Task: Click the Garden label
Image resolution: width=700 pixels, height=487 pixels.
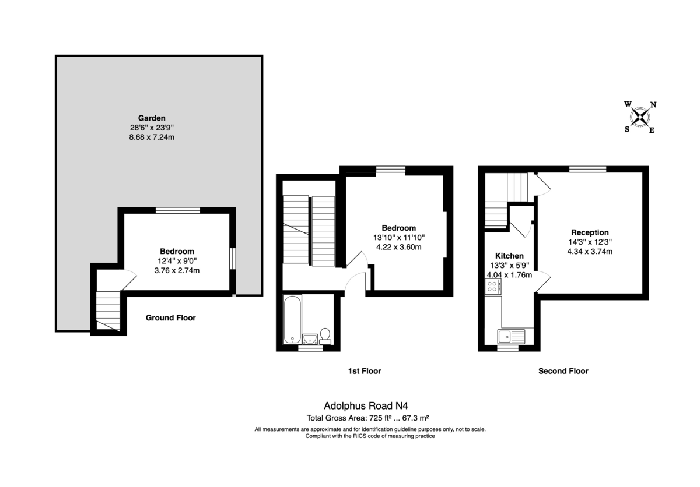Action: pyautogui.click(x=152, y=118)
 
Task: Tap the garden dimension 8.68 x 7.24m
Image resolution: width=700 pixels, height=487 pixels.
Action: pyautogui.click(x=152, y=137)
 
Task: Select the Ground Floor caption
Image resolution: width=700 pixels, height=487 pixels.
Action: pyautogui.click(x=170, y=317)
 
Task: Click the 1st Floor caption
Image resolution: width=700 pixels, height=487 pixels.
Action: pyautogui.click(x=365, y=371)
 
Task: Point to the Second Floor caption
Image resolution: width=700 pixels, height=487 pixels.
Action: pyautogui.click(x=563, y=371)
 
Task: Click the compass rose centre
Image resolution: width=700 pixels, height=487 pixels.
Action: pyautogui.click(x=640, y=117)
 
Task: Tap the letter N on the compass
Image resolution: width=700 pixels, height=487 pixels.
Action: pyautogui.click(x=653, y=104)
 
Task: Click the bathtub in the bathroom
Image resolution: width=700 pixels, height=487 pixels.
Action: pyautogui.click(x=292, y=319)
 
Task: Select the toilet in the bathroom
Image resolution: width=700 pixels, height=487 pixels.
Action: pyautogui.click(x=325, y=336)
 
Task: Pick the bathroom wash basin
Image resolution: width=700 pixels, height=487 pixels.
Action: pyautogui.click(x=310, y=339)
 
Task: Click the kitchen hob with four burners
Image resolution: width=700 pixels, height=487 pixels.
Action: pyautogui.click(x=493, y=287)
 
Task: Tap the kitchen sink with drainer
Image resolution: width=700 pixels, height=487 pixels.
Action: pyautogui.click(x=511, y=336)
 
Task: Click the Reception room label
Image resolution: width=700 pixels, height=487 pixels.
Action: pyautogui.click(x=590, y=232)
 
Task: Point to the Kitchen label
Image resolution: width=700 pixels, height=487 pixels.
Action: pyautogui.click(x=509, y=256)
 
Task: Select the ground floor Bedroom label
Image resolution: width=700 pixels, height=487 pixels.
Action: pyautogui.click(x=177, y=251)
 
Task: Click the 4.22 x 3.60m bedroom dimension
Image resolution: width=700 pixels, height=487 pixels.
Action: pyautogui.click(x=399, y=247)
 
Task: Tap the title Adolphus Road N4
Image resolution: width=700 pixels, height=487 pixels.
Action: pyautogui.click(x=366, y=405)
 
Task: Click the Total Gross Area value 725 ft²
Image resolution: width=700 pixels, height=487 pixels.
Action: pyautogui.click(x=380, y=418)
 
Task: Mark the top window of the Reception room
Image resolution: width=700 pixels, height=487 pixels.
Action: pyautogui.click(x=587, y=169)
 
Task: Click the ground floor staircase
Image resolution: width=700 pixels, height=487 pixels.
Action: pyautogui.click(x=108, y=310)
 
